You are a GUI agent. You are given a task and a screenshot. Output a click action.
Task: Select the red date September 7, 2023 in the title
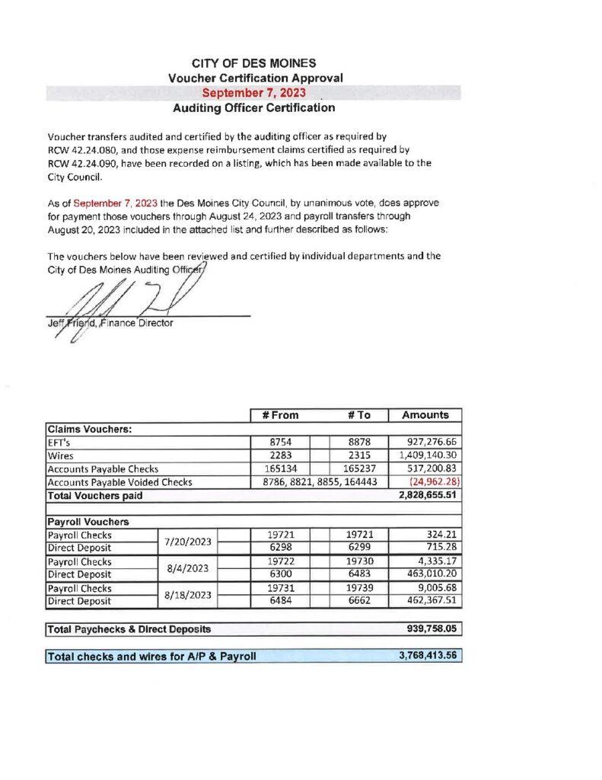coord(254,92)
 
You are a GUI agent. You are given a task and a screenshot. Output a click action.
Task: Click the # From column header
coord(281,415)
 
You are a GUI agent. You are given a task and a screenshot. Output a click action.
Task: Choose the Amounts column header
coord(425,415)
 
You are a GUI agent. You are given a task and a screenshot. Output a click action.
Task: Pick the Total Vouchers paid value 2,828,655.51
coord(427,496)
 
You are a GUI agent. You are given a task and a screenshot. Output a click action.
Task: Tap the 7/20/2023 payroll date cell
coord(187,542)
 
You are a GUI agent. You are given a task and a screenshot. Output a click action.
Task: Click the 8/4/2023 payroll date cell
coord(187,567)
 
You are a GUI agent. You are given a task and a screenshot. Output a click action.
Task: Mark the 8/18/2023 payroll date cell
coord(187,594)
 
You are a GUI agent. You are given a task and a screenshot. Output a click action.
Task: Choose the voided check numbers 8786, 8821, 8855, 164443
coord(320,482)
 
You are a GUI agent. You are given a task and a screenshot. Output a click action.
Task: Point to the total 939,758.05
coord(431,629)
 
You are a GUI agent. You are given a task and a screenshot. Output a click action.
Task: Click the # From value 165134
coord(279,468)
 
